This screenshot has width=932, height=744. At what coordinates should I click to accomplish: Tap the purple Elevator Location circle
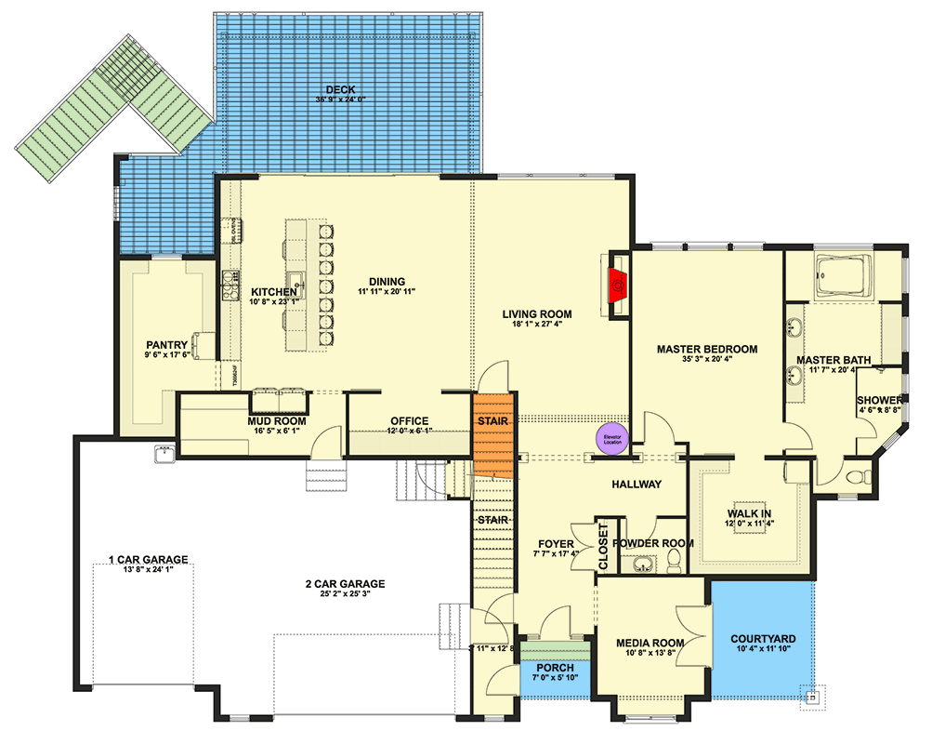[x=611, y=439]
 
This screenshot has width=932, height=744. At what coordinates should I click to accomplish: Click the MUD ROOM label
[x=276, y=421]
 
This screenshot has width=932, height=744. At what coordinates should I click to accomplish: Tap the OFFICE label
[x=408, y=420]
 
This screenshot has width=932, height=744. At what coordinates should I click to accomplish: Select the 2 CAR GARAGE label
[x=345, y=584]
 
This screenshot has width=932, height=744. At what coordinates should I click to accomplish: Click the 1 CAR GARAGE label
[x=148, y=560]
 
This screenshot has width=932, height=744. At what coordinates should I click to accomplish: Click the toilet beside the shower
[x=860, y=478]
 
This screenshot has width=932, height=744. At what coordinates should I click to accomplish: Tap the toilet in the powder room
[x=674, y=561]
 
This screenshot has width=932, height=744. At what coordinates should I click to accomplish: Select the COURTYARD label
[x=762, y=638]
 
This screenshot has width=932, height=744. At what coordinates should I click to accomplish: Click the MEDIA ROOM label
[x=650, y=643]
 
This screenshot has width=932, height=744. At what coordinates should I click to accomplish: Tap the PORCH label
[x=554, y=669]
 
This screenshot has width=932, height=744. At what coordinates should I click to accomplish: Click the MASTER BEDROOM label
[x=706, y=350]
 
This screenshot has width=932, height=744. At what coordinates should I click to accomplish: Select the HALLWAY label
[x=637, y=485]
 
